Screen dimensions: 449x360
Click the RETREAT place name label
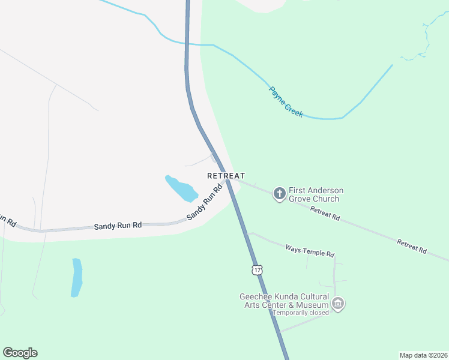pos(226,176)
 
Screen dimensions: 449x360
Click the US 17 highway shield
pos(257,270)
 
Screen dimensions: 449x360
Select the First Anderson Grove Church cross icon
pos(279,194)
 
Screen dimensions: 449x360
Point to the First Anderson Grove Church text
pos(316,194)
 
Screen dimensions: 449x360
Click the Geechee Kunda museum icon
pos(338,304)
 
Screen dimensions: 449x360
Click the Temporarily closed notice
pos(301,313)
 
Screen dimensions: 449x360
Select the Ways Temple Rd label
pos(309,250)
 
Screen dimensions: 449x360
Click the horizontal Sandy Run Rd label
pos(118,226)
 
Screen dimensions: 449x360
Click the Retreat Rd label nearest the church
pos(325,213)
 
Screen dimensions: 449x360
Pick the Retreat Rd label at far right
pos(411,245)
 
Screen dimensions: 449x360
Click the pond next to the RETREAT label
pos(181,189)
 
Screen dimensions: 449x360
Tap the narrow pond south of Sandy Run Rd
pos(76,277)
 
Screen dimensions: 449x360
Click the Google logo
pos(20,353)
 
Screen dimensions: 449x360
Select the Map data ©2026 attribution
pos(423,355)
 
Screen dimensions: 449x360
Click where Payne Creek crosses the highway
pos(187,44)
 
